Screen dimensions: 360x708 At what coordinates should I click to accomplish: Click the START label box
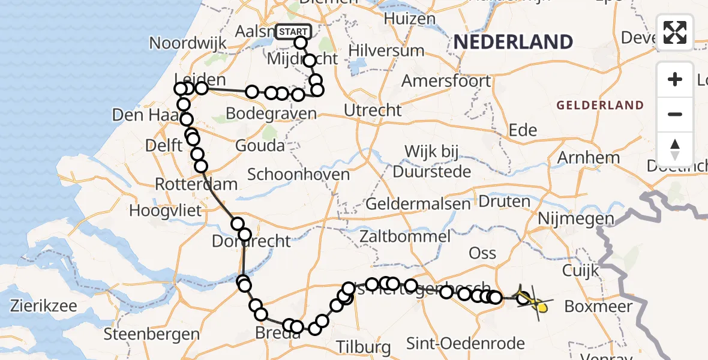pos(293,31)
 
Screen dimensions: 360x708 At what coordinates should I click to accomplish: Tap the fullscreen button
pos(675,32)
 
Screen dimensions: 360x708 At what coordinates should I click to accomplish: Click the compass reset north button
pos(675,149)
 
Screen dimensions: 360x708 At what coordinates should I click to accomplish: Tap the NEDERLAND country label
pos(513,41)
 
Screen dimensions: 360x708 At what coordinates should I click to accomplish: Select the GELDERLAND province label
pos(600,106)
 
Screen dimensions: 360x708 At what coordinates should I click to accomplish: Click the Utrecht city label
pos(373,110)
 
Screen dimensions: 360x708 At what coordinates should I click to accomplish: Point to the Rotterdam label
pos(196,184)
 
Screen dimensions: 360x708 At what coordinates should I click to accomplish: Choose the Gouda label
pos(260,145)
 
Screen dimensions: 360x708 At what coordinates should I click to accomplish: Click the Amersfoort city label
pos(446,80)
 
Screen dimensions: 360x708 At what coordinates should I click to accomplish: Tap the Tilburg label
pos(364,347)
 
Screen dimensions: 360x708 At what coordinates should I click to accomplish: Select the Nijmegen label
pos(575,220)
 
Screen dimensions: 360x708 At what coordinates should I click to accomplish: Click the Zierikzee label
pos(44,306)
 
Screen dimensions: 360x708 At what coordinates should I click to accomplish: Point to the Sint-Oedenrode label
pos(466,344)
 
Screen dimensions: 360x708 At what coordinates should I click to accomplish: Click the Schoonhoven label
pos(298,175)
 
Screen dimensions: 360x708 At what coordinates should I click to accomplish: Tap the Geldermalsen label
pos(418,203)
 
